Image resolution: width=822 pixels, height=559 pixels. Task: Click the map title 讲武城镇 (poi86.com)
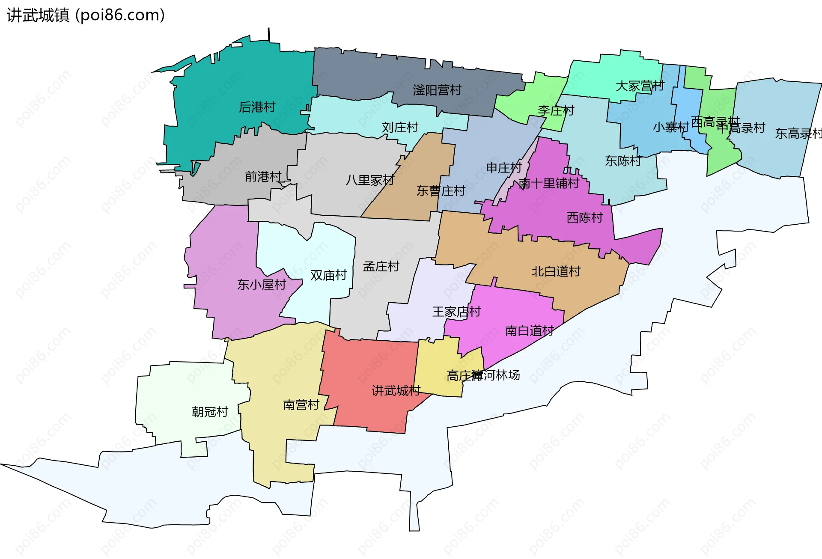(86, 15)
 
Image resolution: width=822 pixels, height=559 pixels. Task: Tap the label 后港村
(257, 107)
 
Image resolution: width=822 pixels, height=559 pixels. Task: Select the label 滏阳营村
(437, 90)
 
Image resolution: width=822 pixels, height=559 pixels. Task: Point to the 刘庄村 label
(400, 127)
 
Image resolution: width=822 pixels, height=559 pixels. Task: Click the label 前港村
(263, 176)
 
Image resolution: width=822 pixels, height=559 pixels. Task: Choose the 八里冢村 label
(370, 180)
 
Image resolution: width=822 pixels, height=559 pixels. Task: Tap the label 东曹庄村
(441, 190)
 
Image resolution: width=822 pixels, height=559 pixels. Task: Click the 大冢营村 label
(640, 86)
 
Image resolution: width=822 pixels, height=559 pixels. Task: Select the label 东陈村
(623, 161)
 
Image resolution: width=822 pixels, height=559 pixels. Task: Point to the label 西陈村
(584, 217)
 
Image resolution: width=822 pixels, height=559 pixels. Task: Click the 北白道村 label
(556, 271)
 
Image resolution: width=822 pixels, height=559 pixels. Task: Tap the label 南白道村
(530, 330)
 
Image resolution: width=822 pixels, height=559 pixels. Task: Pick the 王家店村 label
(456, 311)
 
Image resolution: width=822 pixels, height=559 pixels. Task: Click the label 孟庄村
(381, 266)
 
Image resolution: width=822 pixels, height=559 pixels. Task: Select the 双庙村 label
(328, 275)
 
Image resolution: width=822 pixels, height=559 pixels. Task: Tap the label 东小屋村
(261, 285)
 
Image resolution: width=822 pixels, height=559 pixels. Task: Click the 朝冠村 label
(210, 411)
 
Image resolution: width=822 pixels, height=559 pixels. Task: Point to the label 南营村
(301, 404)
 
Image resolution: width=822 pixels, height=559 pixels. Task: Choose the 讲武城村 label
(396, 390)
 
